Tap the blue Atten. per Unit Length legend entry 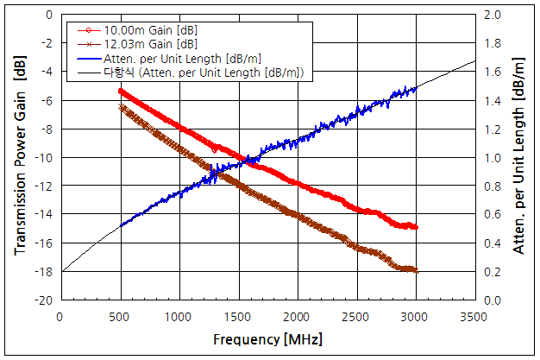tap(177, 58)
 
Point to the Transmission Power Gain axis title tap(20, 157)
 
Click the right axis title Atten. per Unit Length tap(519, 157)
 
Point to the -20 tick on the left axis tap(44, 300)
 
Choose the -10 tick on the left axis tap(44, 157)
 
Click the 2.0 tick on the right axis tap(493, 15)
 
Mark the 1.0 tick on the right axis tap(493, 157)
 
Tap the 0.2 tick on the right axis tap(493, 271)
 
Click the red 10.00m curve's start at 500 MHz tap(121, 91)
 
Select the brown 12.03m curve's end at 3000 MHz tap(416, 270)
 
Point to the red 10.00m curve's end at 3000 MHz tap(416, 227)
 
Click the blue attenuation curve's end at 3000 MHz tap(416, 88)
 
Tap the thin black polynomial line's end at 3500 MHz tap(474, 61)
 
